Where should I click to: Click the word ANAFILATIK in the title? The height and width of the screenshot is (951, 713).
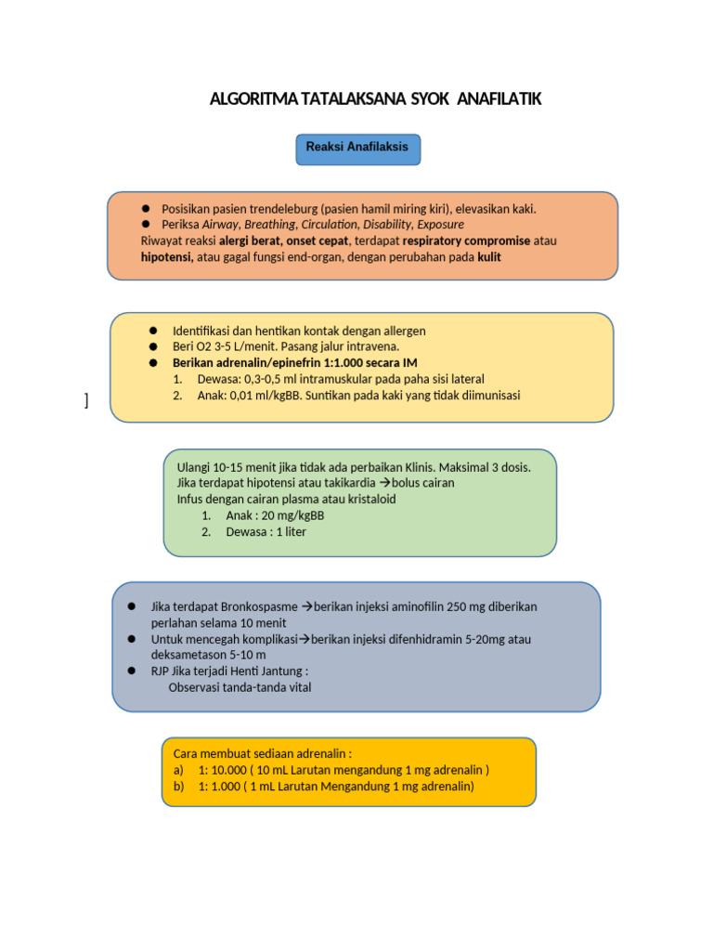(x=494, y=98)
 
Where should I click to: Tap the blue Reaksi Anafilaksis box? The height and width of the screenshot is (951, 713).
(x=357, y=149)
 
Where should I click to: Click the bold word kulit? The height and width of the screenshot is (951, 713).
(x=489, y=257)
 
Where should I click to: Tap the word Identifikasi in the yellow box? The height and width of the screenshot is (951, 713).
(x=204, y=331)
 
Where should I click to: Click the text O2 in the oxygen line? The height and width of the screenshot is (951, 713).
(x=204, y=346)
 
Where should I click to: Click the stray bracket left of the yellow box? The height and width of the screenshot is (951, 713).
(x=86, y=400)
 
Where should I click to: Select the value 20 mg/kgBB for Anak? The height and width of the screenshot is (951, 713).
(x=294, y=515)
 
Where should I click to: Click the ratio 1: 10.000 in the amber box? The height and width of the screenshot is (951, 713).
(x=219, y=770)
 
